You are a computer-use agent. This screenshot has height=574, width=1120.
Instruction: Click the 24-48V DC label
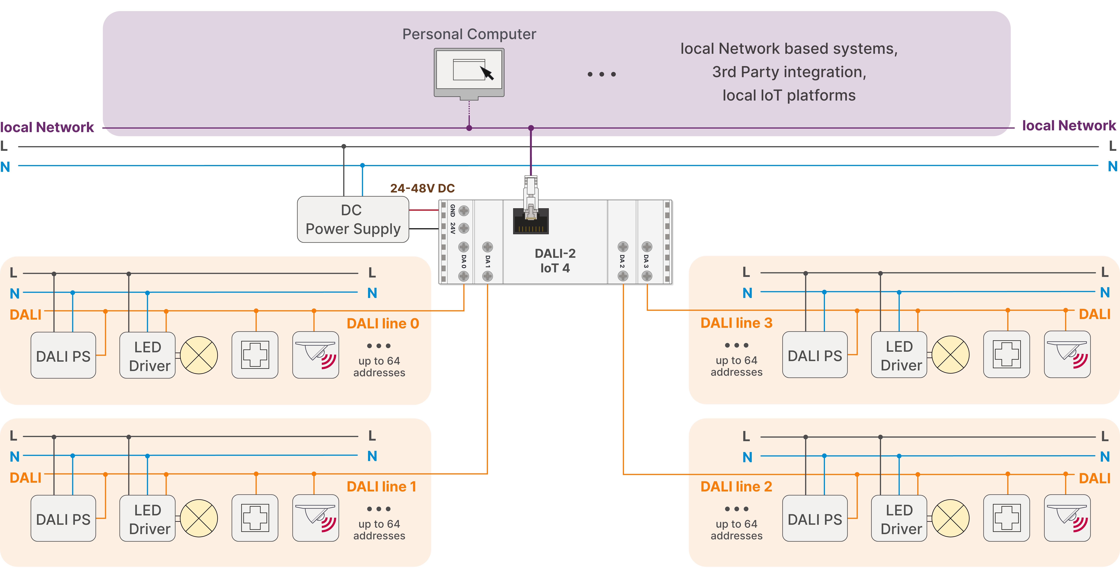coord(422,188)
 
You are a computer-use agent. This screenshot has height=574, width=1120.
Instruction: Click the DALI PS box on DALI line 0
coord(63,355)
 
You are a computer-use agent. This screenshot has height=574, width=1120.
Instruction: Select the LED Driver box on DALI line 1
coord(148,518)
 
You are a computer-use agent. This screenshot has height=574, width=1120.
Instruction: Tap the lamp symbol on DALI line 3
coord(950,354)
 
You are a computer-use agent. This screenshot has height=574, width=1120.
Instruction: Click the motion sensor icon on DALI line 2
coord(1067,518)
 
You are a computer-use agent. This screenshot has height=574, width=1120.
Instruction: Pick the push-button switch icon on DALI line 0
coord(255,355)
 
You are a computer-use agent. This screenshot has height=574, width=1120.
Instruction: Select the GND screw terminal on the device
coord(464,211)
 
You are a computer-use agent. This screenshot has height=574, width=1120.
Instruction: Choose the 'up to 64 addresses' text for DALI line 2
coord(736,530)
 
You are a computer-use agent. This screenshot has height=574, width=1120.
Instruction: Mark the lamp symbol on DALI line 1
coord(199,518)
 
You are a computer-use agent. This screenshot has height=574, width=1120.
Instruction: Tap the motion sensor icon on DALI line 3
coord(1067,354)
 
